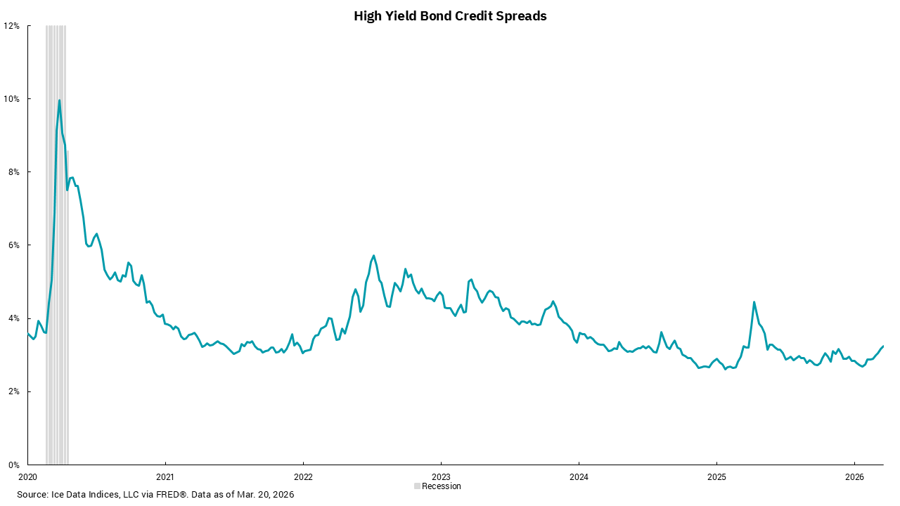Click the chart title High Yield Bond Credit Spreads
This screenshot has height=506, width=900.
point(450,16)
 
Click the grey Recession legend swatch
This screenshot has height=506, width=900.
point(417,486)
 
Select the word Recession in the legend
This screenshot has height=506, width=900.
point(442,486)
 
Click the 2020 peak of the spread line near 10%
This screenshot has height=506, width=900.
point(59,100)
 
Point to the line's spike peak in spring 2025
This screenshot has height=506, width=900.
point(754,302)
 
